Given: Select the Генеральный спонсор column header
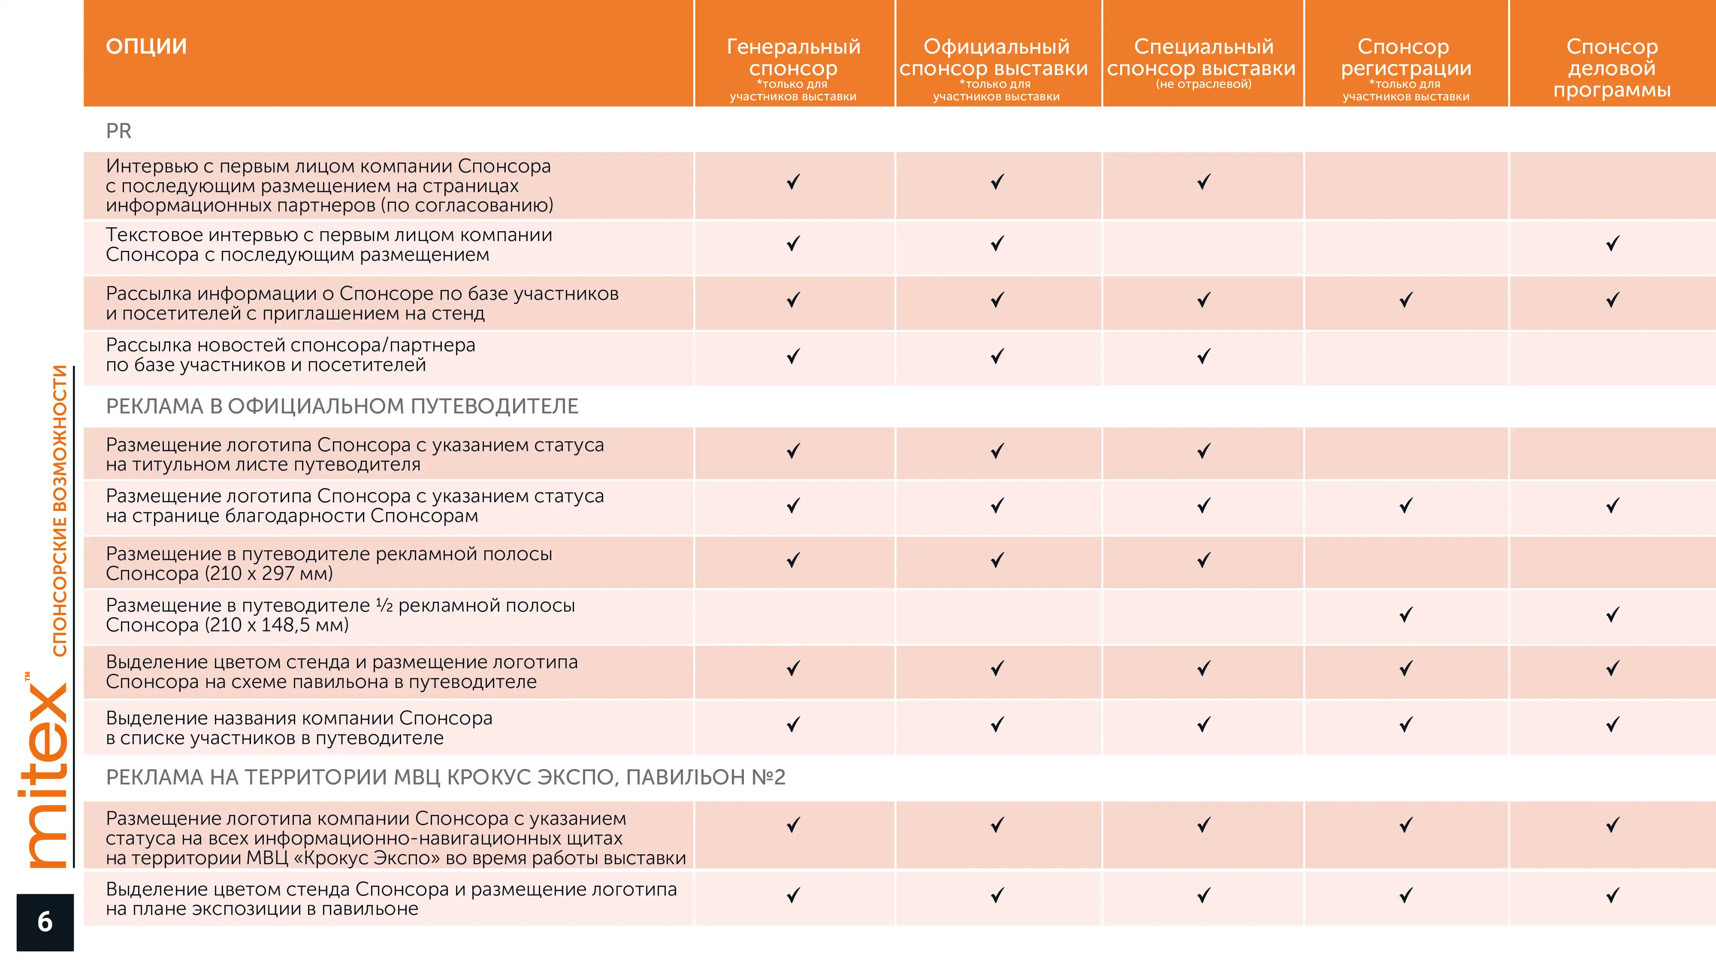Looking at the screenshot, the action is [793, 57].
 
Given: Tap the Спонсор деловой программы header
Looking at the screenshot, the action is [1612, 68].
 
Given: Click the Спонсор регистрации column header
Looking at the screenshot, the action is [1405, 57].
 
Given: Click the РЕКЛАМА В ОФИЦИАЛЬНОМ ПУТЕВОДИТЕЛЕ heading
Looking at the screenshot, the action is [342, 406].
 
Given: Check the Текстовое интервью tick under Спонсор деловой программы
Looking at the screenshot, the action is [1613, 244].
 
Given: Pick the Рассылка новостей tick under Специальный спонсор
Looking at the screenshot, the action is [1204, 356].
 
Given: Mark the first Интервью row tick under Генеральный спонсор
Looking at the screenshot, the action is [793, 182].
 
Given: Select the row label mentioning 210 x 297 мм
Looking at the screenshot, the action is [329, 564].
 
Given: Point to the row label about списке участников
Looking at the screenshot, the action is [299, 728].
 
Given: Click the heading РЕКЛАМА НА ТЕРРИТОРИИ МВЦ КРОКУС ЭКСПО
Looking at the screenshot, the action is [446, 777].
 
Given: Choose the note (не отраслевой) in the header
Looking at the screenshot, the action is [1204, 84].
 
